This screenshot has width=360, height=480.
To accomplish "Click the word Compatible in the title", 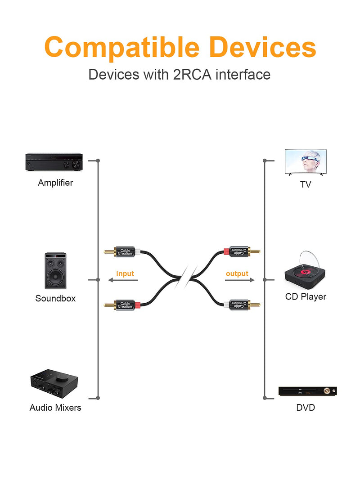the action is click(122, 47).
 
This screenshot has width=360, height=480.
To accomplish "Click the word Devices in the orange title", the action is click(263, 47).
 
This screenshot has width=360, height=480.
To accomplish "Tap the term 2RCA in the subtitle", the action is click(192, 75).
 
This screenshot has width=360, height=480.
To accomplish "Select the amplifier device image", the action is click(54, 161).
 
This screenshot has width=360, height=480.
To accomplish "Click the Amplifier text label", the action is click(55, 183).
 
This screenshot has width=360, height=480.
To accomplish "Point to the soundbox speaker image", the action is click(55, 271).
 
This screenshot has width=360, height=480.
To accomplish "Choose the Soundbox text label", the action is click(55, 298).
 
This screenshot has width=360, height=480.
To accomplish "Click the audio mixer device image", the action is click(54, 384).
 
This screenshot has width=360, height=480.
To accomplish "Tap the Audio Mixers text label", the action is click(55, 408).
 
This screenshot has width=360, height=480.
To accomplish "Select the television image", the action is click(306, 162).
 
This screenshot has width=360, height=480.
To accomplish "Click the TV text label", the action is click(306, 184).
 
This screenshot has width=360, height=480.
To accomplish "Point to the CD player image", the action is click(305, 271).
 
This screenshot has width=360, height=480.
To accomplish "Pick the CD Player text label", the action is click(306, 296).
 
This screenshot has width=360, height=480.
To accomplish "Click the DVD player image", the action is click(308, 391).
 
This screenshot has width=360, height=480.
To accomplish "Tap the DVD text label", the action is click(306, 408).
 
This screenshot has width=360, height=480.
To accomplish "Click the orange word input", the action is click(125, 274).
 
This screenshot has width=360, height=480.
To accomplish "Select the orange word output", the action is click(237, 274).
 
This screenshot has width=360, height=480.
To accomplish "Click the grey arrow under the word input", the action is click(123, 280).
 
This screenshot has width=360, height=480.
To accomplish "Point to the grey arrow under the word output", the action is click(240, 280).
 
